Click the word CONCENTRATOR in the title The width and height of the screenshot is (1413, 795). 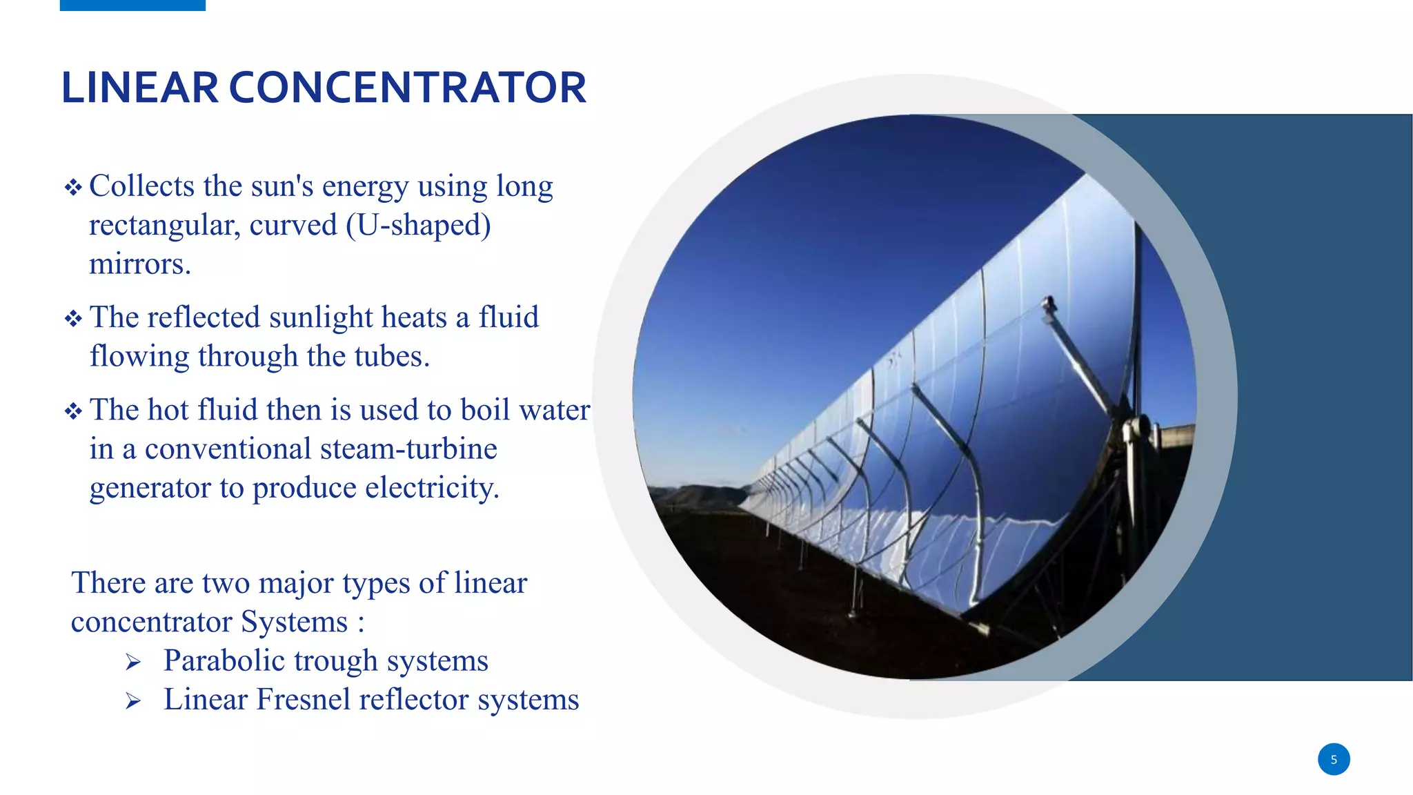pos(407,88)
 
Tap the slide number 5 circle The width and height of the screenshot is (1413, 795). pos(1333,759)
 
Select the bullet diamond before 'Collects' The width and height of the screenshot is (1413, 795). pos(73,187)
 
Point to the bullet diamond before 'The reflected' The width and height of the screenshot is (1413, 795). pos(73,318)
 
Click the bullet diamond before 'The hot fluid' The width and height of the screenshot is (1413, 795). pos(73,411)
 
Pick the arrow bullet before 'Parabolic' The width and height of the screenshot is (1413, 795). pos(133,662)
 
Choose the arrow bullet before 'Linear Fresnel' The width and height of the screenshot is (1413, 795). pos(133,701)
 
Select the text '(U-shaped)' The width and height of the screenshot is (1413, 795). pos(418,225)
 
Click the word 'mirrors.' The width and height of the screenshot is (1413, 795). pos(140,264)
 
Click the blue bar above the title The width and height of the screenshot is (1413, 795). pos(132,5)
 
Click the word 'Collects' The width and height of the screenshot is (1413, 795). pos(142,186)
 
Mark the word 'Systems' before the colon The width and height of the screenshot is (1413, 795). pos(294,622)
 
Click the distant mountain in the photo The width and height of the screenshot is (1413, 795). pos(697,495)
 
